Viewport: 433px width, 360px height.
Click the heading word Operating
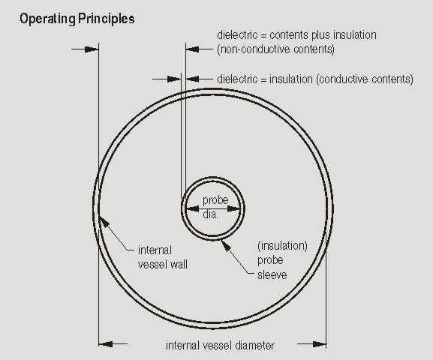point(47,19)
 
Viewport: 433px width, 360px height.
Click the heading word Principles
point(107,19)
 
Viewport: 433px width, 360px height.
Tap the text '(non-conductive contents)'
point(275,49)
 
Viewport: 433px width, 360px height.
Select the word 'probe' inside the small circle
point(215,200)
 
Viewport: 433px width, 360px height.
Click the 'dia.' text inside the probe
point(210,214)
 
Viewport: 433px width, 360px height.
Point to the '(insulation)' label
point(282,246)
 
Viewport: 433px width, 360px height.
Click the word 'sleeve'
point(272,275)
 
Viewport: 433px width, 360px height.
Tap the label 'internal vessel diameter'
point(220,345)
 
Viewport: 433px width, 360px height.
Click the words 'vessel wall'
point(163,265)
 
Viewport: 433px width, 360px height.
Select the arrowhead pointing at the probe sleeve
point(226,245)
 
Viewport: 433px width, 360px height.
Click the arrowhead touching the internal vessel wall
point(104,222)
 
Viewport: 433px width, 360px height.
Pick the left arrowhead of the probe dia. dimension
point(193,208)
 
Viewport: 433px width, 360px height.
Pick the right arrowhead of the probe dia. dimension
point(233,208)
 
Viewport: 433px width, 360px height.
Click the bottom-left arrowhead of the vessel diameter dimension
point(106,344)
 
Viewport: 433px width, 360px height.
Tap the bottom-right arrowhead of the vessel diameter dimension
point(320,344)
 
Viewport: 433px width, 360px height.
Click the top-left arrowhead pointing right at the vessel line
point(92,49)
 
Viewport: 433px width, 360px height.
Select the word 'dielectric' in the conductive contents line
point(237,79)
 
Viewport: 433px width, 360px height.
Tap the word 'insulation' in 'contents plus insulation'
point(355,35)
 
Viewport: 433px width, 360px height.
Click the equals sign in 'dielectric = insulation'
point(263,79)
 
